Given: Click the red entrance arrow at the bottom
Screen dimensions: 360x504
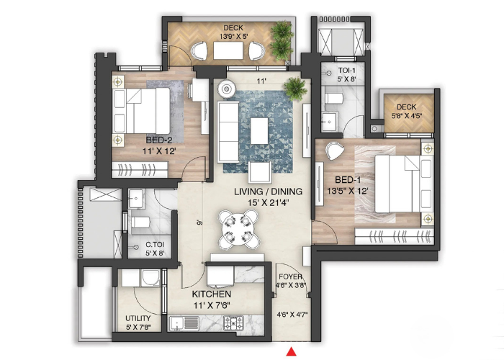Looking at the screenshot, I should [292, 351].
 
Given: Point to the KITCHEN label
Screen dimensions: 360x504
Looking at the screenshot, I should [211, 294].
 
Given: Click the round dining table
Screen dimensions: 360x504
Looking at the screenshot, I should [238, 229].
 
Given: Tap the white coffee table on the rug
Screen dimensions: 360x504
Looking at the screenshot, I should [260, 131].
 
